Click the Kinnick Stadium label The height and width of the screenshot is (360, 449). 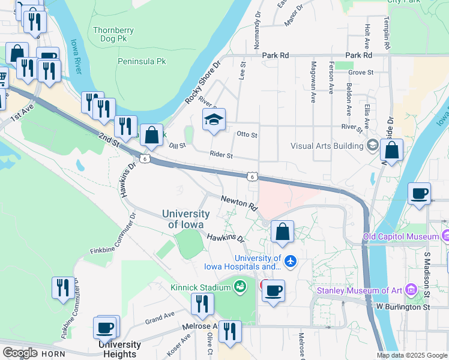(200, 287)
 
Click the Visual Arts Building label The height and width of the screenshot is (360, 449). (327, 145)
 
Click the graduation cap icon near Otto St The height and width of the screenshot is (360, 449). (214, 120)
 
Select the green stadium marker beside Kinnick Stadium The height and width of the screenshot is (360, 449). (241, 287)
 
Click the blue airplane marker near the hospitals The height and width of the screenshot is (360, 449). (291, 260)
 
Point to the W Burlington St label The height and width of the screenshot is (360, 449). (403, 307)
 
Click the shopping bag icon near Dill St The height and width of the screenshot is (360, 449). (152, 135)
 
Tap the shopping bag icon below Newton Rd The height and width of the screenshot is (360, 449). (282, 232)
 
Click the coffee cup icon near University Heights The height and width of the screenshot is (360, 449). (106, 328)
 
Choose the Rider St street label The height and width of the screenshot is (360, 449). (221, 155)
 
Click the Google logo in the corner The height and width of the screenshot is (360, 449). (20, 353)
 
